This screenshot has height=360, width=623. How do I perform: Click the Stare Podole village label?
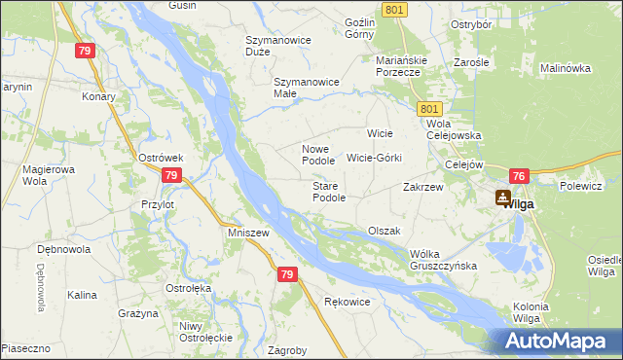329,192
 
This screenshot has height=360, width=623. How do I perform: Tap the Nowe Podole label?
318,154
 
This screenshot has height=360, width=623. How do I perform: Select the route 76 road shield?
518,176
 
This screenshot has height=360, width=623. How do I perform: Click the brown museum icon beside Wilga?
502,198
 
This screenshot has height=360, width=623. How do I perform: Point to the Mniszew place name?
247,234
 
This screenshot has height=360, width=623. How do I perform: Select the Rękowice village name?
348,302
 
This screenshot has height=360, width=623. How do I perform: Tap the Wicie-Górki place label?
374,157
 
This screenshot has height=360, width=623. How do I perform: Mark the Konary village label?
98,96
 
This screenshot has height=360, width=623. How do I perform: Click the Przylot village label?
157,205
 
